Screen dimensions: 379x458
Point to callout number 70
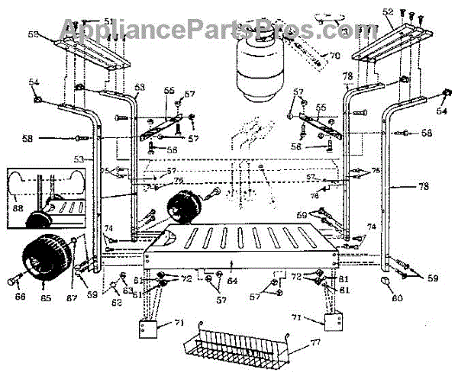tap(334, 55)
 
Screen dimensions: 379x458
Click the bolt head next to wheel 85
tap(13, 281)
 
